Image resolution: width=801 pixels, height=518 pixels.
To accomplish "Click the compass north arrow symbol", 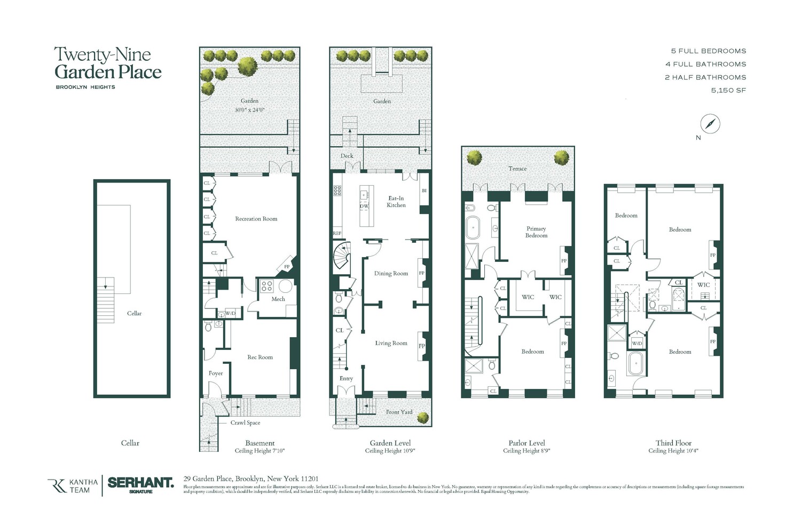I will coord(710,124).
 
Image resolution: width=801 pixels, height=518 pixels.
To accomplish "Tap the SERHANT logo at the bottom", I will coord(140,483).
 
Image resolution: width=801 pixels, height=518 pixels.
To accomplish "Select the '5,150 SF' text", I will coord(728,90).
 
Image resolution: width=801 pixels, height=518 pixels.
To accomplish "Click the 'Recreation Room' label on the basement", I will coord(256,219).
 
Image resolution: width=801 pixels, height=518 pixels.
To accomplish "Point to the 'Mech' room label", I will coord(278,299).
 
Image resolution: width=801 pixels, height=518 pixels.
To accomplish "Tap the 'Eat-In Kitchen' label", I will coord(396,202).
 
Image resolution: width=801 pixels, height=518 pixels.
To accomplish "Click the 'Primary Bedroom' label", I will coord(536,232).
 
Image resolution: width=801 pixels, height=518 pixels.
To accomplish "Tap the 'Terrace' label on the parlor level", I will coord(517,169).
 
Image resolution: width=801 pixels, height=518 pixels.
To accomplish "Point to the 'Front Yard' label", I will coord(399,412).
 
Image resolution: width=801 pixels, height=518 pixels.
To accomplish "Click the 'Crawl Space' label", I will coord(245,423).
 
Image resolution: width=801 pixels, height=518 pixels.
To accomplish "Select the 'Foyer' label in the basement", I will coord(216,373).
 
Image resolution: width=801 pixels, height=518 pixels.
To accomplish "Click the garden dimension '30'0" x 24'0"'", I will coord(249,110).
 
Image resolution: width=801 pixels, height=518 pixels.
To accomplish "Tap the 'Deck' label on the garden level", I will coord(347,156).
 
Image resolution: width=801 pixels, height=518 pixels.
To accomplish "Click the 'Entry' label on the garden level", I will coord(346,378).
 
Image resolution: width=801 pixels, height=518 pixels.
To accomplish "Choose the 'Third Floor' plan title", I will coord(673,443).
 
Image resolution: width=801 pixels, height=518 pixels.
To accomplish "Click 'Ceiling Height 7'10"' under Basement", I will coord(260,451).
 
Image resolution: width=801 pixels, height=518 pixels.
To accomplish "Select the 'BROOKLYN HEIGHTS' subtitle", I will coord(85,87).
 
